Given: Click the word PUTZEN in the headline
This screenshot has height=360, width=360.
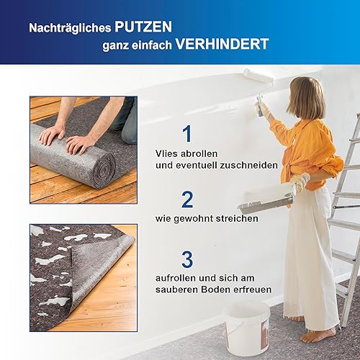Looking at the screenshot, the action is tap(143, 27).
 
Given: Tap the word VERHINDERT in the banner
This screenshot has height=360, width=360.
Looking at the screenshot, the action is tap(222, 44).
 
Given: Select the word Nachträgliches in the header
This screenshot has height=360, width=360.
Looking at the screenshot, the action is tap(70, 28).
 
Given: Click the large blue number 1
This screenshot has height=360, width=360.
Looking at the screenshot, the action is tap(186, 133).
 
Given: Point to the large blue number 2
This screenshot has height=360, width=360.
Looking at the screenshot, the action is tap(187, 199).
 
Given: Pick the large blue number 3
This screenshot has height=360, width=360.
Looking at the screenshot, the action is tap(187, 259).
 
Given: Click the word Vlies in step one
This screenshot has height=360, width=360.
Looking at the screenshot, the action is tap(166, 153).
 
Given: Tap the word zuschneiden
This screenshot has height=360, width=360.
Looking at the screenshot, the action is tap(248, 165).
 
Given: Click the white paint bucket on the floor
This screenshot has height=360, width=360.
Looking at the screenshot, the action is tap(247, 328).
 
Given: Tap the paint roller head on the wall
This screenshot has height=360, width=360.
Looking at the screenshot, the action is tap(258, 76).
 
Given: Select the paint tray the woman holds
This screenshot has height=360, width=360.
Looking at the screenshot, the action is tap(265, 202).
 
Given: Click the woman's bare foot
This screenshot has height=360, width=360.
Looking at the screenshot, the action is tap(318, 335).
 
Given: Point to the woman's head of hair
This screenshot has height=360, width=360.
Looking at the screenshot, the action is tap(307, 99).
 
